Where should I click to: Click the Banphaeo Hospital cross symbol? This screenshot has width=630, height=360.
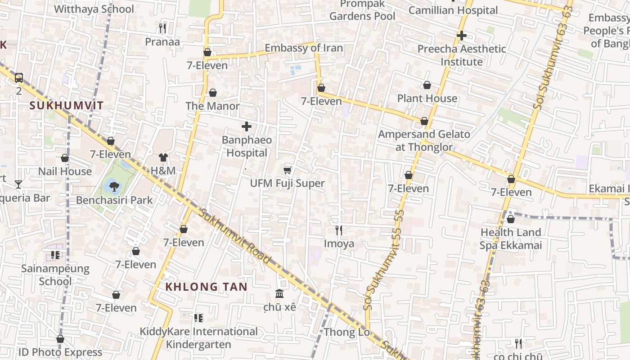tap(247, 127)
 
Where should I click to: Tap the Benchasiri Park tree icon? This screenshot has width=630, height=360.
tap(114, 186)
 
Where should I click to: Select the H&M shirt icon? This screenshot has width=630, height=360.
tap(163, 157)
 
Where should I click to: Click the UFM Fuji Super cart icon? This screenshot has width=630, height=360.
tap(288, 170)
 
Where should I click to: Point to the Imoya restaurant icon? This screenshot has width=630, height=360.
tap(339, 230)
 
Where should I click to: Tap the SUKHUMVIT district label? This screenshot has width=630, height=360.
tap(67, 106)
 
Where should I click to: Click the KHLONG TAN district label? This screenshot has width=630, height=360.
tap(206, 287)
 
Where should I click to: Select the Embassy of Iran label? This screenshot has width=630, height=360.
tap(304, 48)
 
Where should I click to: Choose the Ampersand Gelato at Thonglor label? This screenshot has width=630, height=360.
tap(424, 140)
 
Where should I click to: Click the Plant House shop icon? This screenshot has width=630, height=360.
tap(427, 85)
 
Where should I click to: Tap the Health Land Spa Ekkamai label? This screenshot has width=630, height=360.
tap(510, 239)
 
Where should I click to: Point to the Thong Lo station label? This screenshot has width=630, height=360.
tap(347, 332)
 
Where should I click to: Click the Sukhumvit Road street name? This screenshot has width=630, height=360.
tap(236, 236)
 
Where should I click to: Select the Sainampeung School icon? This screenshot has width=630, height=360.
tap(55, 256)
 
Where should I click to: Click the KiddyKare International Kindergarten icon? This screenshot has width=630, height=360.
tap(198, 319)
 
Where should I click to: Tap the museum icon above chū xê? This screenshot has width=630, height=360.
tap(280, 294)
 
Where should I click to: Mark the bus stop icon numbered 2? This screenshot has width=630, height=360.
tap(19, 78)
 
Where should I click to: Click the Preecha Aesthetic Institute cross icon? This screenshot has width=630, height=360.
tap(461, 35)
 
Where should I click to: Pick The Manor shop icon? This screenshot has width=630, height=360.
tap(213, 93)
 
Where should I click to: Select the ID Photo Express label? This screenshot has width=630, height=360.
tap(60, 352)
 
